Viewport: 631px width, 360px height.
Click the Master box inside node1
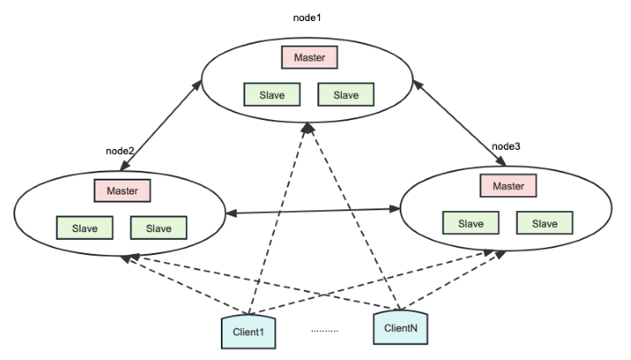point(309,57)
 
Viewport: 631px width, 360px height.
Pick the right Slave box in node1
point(345,94)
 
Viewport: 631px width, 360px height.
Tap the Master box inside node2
point(122,189)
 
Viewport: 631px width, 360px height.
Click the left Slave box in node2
point(85,228)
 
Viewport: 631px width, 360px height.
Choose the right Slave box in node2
point(159,228)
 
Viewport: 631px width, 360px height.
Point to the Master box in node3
point(507,186)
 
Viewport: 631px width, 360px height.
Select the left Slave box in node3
point(471,223)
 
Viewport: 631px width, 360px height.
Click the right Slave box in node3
point(544,223)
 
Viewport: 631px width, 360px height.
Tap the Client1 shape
point(248,331)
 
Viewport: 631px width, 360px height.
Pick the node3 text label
point(506,145)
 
